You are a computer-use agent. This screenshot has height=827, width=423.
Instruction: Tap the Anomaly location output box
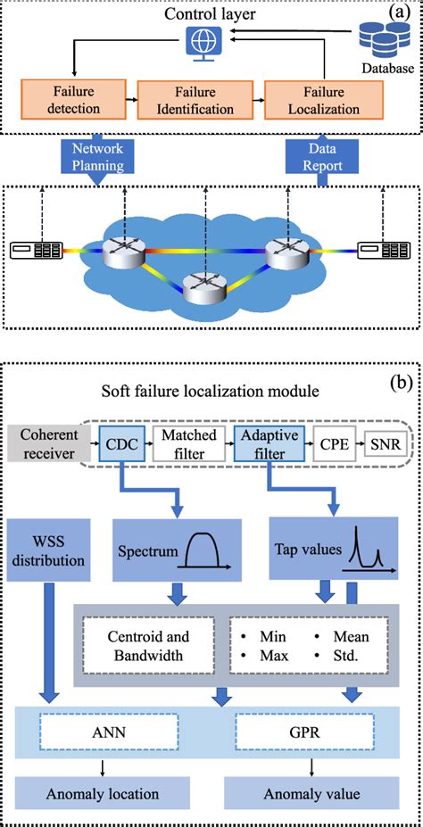(104, 792)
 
